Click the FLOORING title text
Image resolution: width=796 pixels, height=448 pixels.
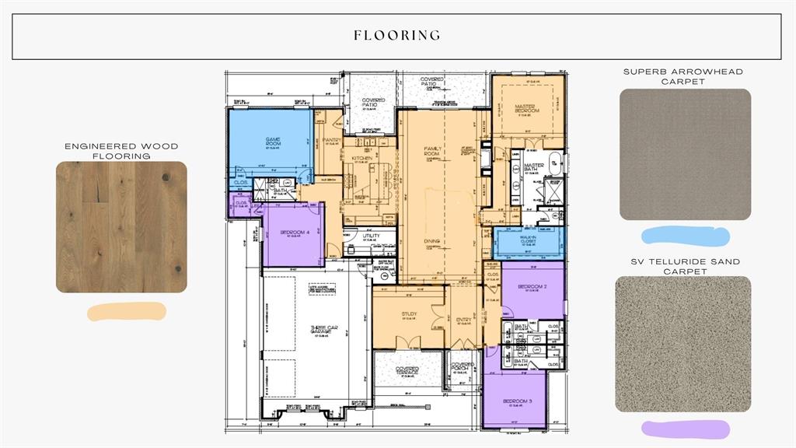tap(397, 35)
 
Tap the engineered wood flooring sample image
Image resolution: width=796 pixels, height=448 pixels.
tap(121, 227)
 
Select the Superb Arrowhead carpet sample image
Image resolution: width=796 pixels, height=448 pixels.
tap(685, 154)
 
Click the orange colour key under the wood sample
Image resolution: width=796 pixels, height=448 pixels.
tap(127, 312)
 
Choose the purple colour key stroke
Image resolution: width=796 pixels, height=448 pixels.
tap(685, 429)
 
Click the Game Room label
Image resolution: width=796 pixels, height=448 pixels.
tap(272, 142)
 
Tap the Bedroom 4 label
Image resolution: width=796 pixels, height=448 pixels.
tap(293, 233)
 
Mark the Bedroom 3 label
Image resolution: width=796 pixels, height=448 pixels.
tap(519, 401)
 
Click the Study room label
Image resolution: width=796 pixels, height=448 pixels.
tap(409, 314)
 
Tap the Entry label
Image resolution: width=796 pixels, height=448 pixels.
tap(463, 320)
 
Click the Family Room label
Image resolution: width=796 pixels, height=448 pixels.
tap(432, 150)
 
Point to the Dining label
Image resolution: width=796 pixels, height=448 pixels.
tap(432, 241)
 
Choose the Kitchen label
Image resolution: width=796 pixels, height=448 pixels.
tap(362, 159)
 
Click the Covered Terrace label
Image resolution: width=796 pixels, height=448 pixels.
tap(407, 370)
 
